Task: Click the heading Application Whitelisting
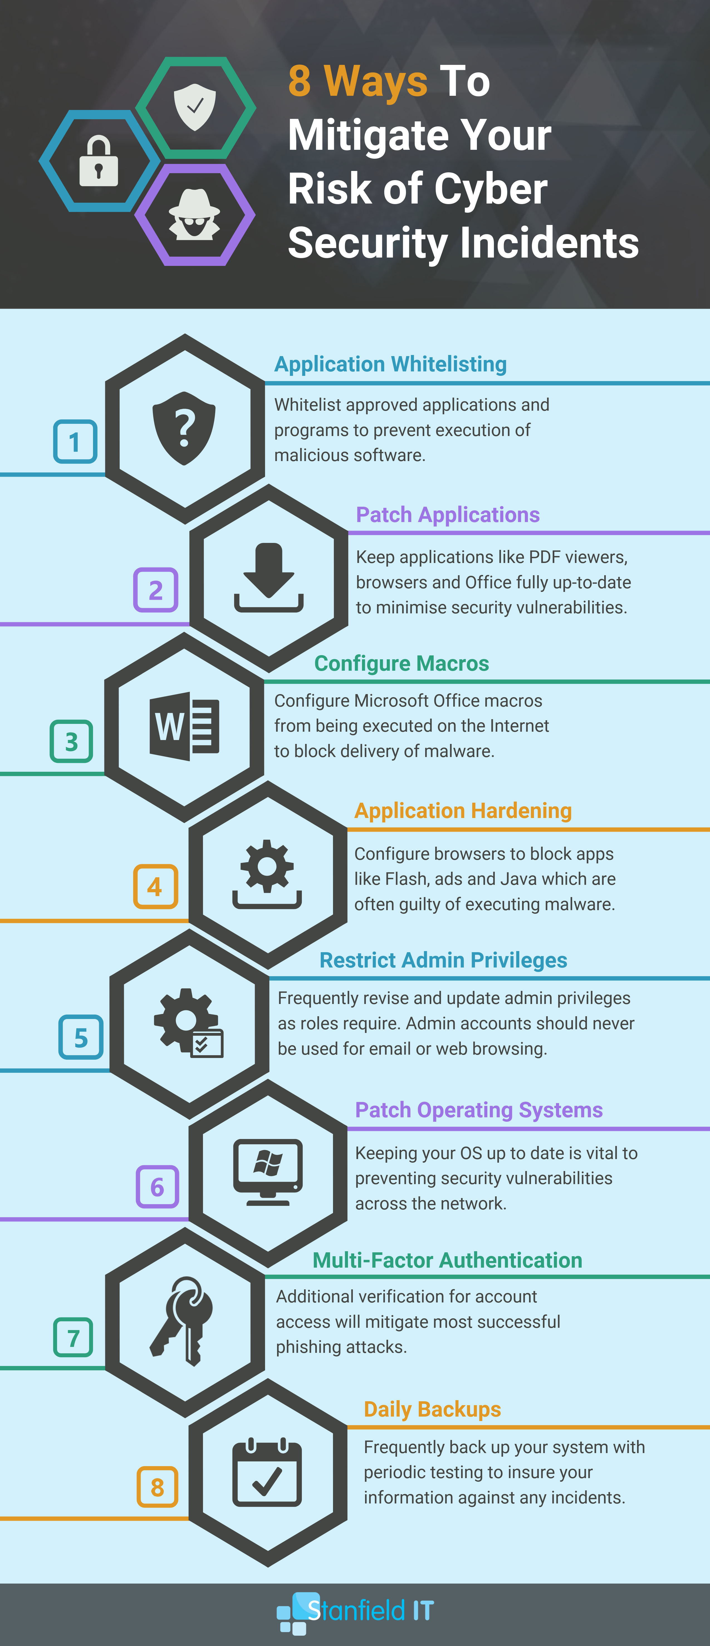point(390,364)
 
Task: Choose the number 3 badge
point(72,741)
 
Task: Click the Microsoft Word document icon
point(184,726)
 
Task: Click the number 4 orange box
point(155,886)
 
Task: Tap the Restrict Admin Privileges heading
point(443,960)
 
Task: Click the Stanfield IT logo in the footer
point(355,1613)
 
